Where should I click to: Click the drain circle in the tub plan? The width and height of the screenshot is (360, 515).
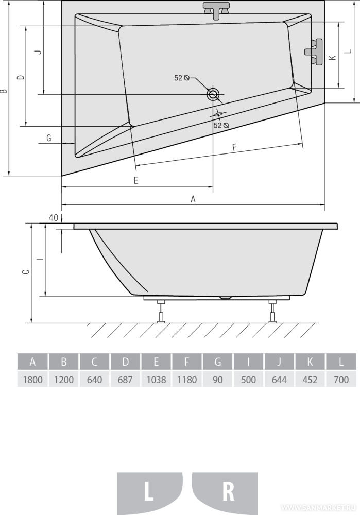213,94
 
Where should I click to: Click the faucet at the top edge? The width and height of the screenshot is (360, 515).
215,10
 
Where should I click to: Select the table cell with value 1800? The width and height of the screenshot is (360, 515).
32,380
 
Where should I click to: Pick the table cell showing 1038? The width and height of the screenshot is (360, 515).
156,380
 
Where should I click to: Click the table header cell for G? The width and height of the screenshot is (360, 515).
217,362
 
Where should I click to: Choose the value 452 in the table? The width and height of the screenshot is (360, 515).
310,380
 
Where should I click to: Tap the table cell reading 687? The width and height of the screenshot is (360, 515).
125,380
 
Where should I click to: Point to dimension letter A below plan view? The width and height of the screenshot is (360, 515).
193,199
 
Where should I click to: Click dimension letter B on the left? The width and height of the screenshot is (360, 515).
4,91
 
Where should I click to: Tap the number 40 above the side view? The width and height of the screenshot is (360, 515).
53,218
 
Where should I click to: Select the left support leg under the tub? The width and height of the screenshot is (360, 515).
162,312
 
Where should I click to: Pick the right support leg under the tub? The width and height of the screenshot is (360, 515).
272,312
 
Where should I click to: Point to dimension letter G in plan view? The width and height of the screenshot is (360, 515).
49,138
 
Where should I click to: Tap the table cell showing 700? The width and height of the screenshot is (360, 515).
341,380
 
